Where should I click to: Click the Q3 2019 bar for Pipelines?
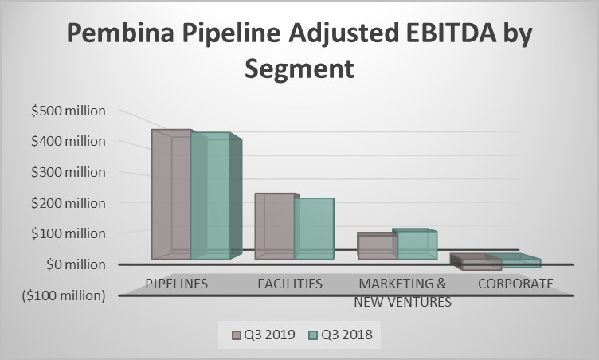click(x=171, y=195)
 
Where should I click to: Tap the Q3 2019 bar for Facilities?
click(x=274, y=227)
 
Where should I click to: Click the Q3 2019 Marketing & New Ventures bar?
click(x=377, y=247)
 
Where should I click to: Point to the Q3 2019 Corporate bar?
click(x=470, y=263)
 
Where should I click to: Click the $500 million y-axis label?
click(x=68, y=111)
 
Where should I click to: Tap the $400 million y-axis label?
click(x=68, y=142)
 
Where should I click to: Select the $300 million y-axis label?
click(x=68, y=172)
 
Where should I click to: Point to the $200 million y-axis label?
click(x=68, y=203)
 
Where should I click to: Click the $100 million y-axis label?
click(x=68, y=233)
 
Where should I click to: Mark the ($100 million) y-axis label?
click(x=63, y=295)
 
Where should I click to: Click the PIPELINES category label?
click(x=177, y=284)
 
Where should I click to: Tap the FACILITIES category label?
click(x=290, y=284)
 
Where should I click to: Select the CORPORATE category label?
click(x=515, y=284)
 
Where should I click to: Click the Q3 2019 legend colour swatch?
click(x=237, y=335)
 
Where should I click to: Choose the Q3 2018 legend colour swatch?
click(x=314, y=335)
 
